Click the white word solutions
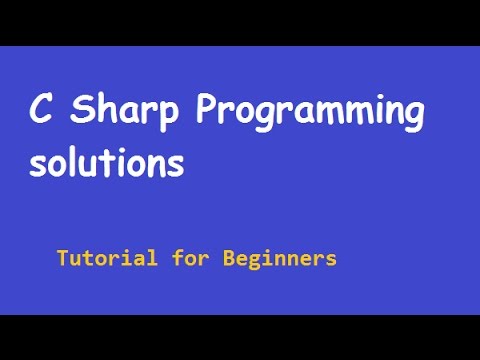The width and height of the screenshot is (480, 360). pos(106,163)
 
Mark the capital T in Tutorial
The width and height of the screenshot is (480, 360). pos(62,258)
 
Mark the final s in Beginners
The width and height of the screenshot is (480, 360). pos(330,260)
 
